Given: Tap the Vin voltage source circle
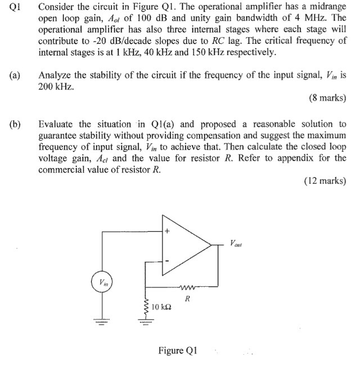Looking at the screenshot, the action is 102,282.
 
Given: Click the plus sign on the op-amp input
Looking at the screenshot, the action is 167,231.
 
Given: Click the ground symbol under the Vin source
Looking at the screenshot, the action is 102,323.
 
